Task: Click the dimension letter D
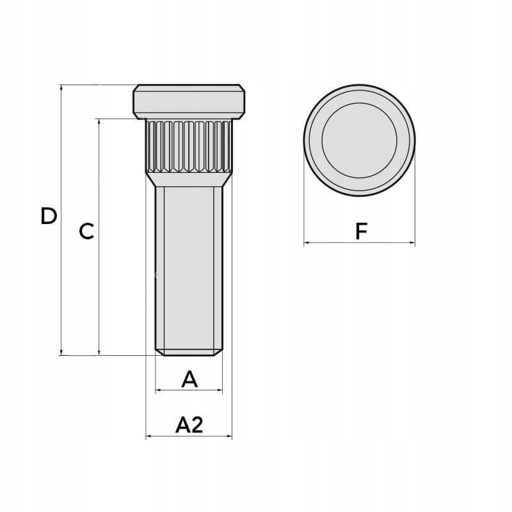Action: tap(49, 216)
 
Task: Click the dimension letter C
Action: tap(86, 231)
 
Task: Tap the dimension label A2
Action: tap(189, 425)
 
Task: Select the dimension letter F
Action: tap(361, 231)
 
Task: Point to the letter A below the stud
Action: tap(189, 379)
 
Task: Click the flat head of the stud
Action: tap(189, 102)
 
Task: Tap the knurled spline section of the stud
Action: tap(189, 146)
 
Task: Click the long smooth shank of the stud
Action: tap(189, 268)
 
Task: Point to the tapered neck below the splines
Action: tap(189, 180)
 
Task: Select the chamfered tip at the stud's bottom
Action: tap(189, 353)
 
